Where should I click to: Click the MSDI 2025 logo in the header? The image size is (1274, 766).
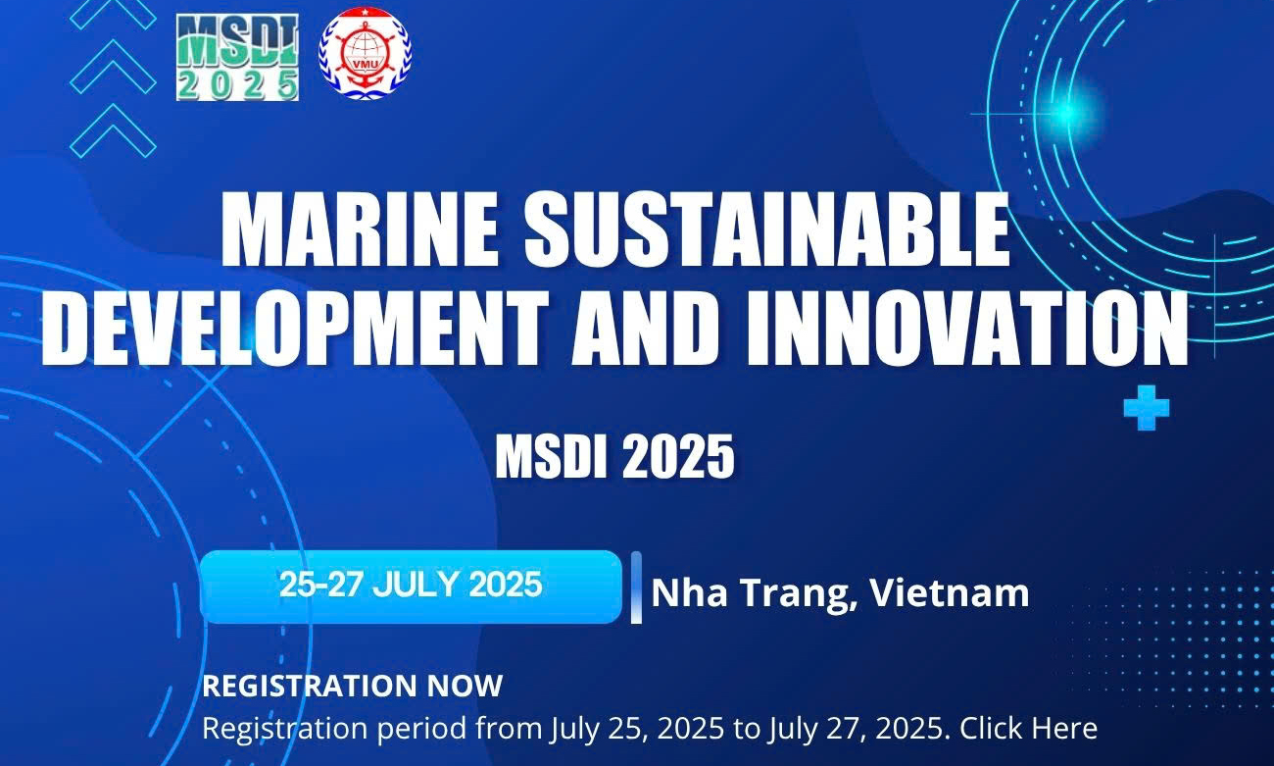[237, 57]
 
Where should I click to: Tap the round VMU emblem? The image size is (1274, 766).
[366, 53]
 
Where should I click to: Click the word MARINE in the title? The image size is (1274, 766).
[360, 229]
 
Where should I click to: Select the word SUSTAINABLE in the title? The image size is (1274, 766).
[766, 229]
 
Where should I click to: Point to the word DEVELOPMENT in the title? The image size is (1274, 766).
[295, 329]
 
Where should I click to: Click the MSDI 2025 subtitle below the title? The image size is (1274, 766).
[614, 456]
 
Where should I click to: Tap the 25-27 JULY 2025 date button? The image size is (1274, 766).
[411, 587]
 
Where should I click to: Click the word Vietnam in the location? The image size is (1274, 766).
[950, 593]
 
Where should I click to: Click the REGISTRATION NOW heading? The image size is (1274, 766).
[353, 686]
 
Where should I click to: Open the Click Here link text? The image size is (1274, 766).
[1029, 728]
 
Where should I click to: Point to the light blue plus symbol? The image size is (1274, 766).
[1147, 408]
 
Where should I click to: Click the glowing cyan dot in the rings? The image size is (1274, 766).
[1068, 112]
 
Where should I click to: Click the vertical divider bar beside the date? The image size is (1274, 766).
[636, 587]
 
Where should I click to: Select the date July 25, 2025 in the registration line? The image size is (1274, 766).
[637, 729]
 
